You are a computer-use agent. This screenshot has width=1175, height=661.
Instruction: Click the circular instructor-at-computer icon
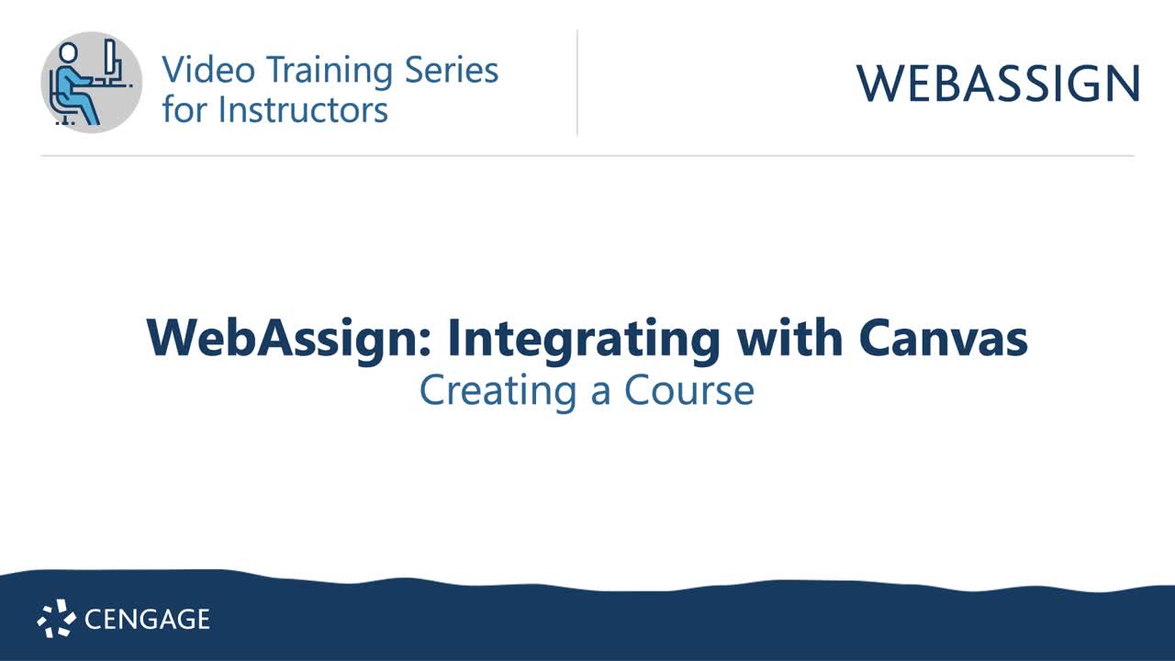point(92,82)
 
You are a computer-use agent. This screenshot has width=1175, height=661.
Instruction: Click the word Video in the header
point(196,71)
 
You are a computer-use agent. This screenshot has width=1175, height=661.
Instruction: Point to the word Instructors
point(303,109)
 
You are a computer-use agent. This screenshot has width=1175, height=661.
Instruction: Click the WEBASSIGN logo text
point(998,84)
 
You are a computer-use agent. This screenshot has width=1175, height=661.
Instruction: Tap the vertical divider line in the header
point(577,83)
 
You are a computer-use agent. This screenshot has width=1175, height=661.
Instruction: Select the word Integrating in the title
point(584,340)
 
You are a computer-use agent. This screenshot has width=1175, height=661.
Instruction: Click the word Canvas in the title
point(943,338)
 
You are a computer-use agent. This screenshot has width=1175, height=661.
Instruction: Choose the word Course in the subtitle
point(689,390)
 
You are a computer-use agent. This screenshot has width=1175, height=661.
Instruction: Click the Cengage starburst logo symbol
point(56,619)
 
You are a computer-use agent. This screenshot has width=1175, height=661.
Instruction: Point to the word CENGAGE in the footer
point(147,620)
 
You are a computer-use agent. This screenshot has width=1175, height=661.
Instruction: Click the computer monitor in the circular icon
point(110,61)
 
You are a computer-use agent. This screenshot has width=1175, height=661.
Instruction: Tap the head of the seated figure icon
point(68,52)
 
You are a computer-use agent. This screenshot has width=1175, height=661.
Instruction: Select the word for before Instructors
point(185,109)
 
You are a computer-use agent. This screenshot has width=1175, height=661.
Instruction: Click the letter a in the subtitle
point(601,392)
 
